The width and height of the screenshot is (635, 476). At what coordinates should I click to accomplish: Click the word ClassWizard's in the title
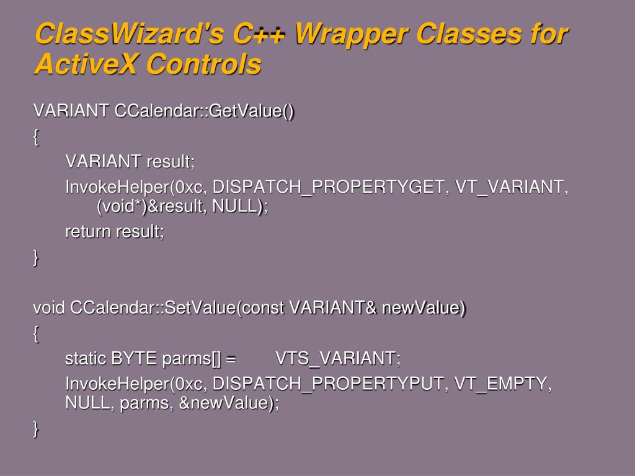[129, 33]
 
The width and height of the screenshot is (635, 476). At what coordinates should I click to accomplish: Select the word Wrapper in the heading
[351, 35]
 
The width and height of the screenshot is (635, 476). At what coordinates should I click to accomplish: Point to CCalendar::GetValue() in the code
[204, 111]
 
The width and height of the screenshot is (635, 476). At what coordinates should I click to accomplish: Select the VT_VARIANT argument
[512, 187]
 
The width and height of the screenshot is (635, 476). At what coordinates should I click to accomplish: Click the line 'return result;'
[115, 232]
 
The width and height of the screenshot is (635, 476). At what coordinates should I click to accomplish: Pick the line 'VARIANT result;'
[130, 162]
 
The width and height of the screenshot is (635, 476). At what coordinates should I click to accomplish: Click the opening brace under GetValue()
[36, 137]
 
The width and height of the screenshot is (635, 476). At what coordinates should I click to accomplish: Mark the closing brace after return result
[36, 258]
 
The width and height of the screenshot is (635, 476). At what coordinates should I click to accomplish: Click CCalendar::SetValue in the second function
[153, 307]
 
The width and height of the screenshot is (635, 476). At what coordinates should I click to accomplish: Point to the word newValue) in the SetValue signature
[424, 308]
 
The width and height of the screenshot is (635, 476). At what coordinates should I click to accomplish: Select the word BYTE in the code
[134, 359]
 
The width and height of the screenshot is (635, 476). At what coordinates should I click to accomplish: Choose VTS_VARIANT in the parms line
[338, 359]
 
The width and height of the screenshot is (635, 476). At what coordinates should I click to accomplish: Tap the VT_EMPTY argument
[502, 384]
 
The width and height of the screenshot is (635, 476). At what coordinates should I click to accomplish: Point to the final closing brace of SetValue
[36, 429]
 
